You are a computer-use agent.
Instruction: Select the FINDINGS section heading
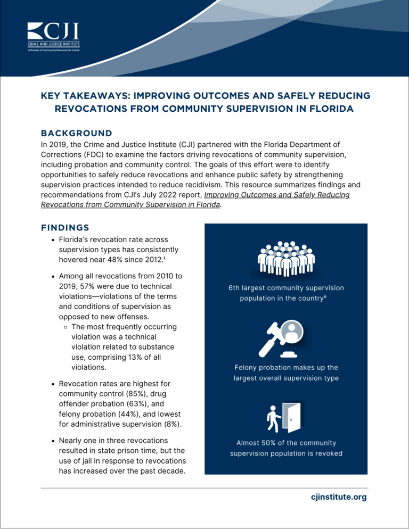coord(65,227)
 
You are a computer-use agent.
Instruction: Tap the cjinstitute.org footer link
coord(339,497)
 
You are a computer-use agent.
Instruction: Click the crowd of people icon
coord(286,259)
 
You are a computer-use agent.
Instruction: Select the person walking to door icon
coord(284,418)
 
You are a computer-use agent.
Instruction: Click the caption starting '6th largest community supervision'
coord(286,293)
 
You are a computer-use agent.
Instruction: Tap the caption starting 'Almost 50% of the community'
coord(286,448)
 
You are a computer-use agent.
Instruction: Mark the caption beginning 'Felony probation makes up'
coord(286,373)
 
